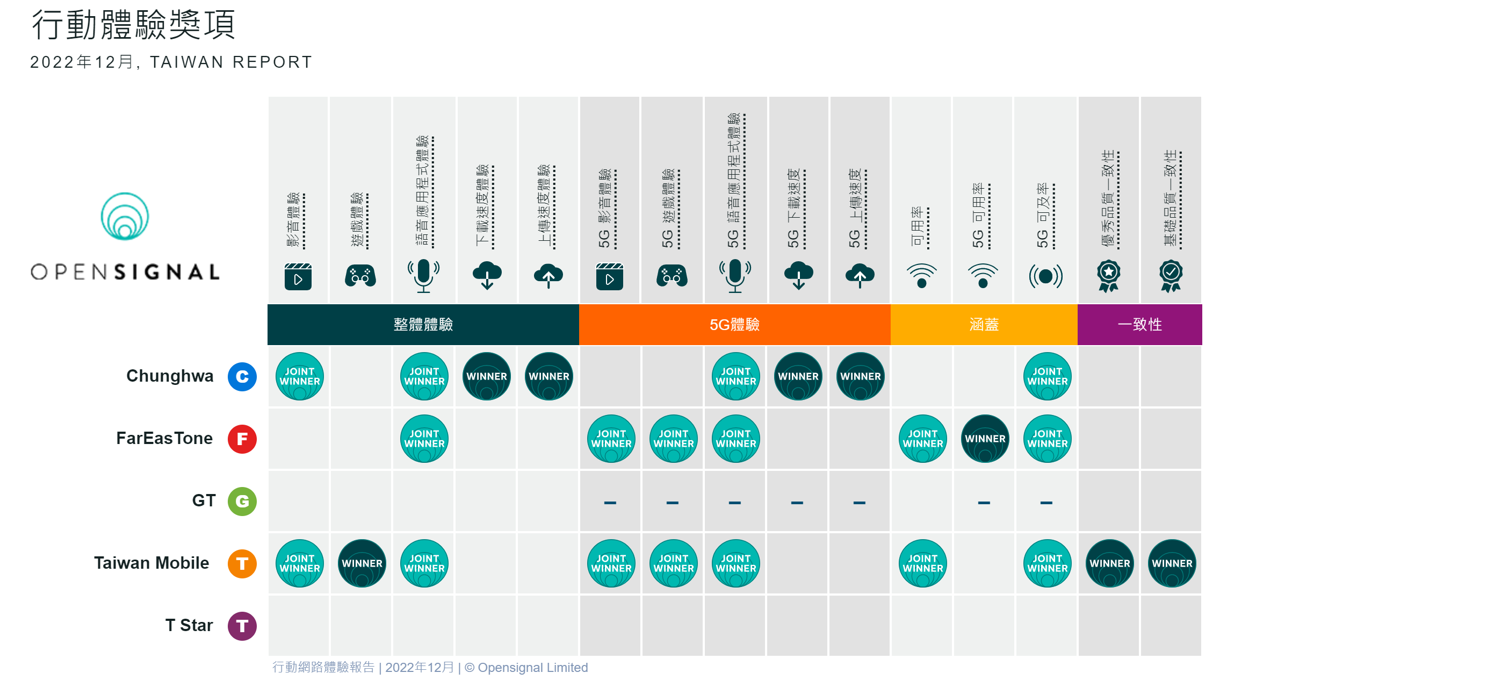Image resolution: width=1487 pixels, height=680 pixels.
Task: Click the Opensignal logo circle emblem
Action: tap(125, 216)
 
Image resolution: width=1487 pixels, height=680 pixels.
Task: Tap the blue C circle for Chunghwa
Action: tap(242, 377)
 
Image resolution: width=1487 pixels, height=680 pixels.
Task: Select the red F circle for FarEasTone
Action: tap(242, 439)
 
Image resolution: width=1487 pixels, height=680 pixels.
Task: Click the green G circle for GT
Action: tap(242, 502)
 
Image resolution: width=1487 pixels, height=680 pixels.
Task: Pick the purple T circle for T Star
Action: tap(242, 626)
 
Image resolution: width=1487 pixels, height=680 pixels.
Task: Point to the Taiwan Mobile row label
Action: tap(151, 563)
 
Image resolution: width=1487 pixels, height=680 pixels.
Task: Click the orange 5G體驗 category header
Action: tap(734, 325)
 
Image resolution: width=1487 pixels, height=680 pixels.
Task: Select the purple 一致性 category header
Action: tap(1139, 325)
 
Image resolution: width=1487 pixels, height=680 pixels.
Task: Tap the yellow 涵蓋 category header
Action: tap(984, 325)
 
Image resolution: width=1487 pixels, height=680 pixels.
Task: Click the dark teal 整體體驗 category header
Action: tap(423, 325)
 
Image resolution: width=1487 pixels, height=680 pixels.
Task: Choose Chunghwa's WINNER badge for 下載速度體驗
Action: tap(487, 377)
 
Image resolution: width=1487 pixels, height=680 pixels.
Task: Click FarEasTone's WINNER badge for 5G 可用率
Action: tap(985, 439)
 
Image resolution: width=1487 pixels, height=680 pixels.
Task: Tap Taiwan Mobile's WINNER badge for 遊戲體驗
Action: tap(362, 564)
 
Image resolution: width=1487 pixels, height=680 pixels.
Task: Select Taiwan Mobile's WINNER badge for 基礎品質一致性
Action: tap(1172, 564)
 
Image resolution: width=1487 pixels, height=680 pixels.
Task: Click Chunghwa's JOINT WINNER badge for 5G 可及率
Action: tap(1047, 377)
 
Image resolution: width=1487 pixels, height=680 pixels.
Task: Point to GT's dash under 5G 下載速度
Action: tap(797, 503)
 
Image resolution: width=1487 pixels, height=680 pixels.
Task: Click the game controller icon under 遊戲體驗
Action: tap(360, 276)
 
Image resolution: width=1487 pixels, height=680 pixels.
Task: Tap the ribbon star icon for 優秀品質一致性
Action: tap(1108, 276)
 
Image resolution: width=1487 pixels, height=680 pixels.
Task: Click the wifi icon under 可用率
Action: tap(921, 276)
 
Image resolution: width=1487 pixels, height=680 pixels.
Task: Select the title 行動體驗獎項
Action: tap(133, 25)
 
